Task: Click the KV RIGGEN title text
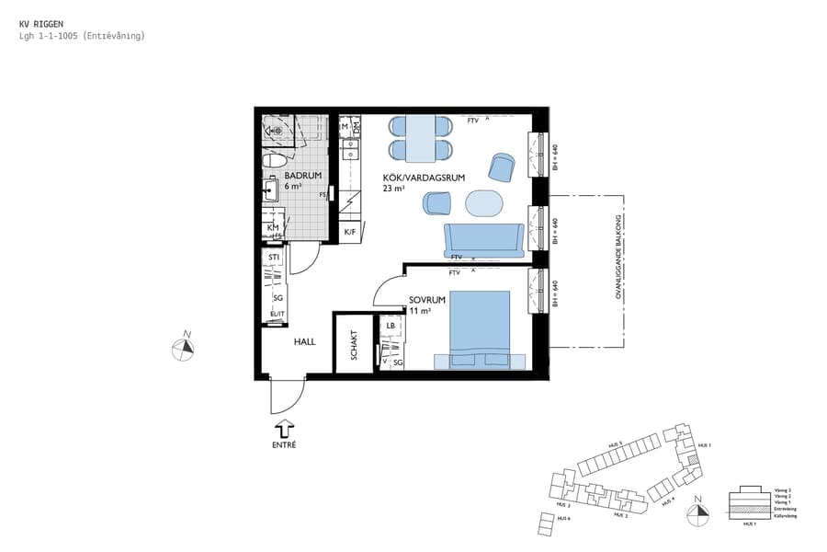coord(41,23)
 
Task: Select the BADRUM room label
coord(302,175)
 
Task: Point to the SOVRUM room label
coord(427,300)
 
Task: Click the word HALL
coord(304,341)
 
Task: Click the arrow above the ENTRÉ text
coord(284,428)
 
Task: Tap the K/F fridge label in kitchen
coord(350,232)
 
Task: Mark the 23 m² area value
coord(393,189)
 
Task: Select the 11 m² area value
coord(420,311)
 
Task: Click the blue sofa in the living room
coord(483,239)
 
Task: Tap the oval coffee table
coord(485,201)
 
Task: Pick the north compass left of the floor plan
coord(184,348)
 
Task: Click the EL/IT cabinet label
coord(277,315)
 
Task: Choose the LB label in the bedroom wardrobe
coord(391,326)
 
